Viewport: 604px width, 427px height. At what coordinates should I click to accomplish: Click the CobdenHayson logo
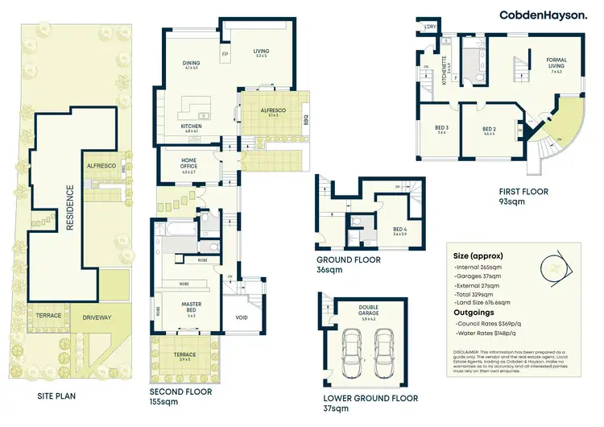[543, 15]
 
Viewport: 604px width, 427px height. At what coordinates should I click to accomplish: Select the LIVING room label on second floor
[261, 52]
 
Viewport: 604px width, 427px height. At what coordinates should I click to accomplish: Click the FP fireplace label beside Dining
[225, 55]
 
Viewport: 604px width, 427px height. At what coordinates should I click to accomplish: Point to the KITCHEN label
[191, 126]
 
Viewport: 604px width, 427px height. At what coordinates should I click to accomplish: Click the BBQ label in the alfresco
[306, 120]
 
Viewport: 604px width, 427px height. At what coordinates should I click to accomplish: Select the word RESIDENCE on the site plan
[69, 208]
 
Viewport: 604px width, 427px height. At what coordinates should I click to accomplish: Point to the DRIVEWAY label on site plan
[97, 317]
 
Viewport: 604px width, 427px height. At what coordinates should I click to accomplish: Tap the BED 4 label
[400, 230]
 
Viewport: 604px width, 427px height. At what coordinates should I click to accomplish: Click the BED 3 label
[442, 129]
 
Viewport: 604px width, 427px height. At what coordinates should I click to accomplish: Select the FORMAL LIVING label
[556, 60]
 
